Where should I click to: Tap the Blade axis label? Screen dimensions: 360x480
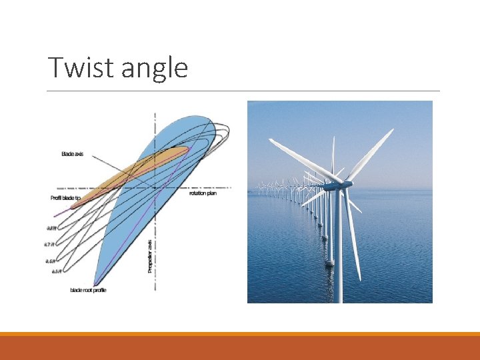(x=72, y=155)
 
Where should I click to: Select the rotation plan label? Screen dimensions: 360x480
(x=203, y=193)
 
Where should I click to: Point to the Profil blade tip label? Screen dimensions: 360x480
(x=66, y=198)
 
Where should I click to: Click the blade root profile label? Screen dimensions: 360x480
(x=88, y=290)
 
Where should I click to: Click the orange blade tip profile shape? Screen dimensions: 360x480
(x=133, y=167)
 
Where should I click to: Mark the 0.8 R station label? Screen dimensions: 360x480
(x=51, y=228)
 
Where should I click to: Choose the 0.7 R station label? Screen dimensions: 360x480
(x=50, y=245)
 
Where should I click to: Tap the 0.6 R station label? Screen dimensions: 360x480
(x=50, y=261)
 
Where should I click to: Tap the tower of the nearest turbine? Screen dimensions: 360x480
(x=338, y=253)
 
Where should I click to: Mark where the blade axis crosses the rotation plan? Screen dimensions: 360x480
(x=155, y=187)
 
